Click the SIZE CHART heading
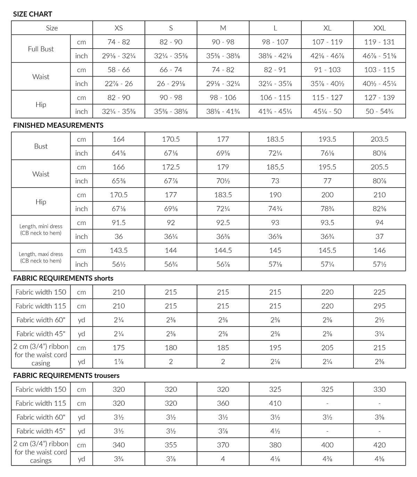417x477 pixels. (x=32, y=14)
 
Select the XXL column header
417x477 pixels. (x=379, y=28)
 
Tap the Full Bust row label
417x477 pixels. (x=41, y=49)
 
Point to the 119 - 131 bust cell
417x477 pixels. (x=379, y=42)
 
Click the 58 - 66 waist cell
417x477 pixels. (x=119, y=70)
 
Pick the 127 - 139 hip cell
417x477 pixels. (x=379, y=98)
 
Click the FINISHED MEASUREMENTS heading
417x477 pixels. (x=58, y=125)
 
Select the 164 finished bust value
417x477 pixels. (x=119, y=139)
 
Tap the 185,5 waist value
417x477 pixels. (x=275, y=167)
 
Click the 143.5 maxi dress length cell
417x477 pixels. (x=119, y=250)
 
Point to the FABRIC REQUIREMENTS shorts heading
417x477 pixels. (x=63, y=278)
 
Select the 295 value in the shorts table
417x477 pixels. (x=379, y=306)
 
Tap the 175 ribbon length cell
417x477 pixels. (x=119, y=348)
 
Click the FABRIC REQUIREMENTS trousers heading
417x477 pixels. (x=66, y=376)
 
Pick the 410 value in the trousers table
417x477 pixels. (x=275, y=403)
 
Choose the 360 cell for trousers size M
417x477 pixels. (x=223, y=403)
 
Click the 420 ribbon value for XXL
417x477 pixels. (x=379, y=445)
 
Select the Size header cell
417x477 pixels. (x=52, y=28)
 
